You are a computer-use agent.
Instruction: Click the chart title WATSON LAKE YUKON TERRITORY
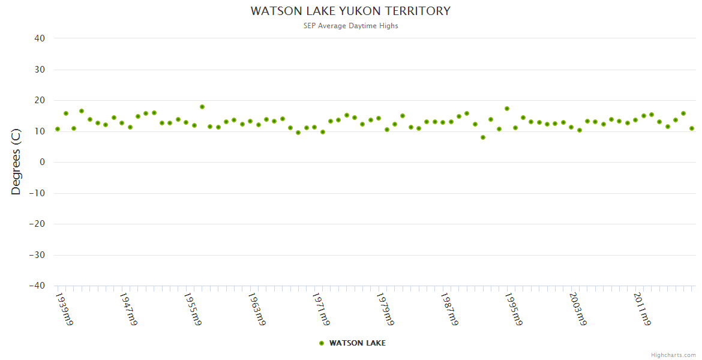[x=350, y=11]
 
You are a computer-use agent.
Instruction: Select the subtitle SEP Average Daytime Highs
[x=350, y=26]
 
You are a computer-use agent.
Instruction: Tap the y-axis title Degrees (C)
[x=16, y=163]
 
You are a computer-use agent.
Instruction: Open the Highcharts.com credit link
[x=673, y=355]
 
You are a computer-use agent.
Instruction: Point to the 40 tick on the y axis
[x=40, y=38]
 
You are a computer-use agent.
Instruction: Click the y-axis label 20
[x=40, y=100]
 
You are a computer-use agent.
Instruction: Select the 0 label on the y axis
[x=43, y=162]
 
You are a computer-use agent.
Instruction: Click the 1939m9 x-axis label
[x=64, y=309]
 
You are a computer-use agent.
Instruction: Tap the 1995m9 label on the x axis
[x=514, y=309]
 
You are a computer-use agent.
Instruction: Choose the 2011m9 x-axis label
[x=642, y=309]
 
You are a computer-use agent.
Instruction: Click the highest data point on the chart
[x=202, y=107]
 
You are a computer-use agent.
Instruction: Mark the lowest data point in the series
[x=483, y=137]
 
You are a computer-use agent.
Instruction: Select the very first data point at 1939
[x=58, y=129]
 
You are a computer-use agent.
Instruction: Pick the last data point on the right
[x=692, y=128]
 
